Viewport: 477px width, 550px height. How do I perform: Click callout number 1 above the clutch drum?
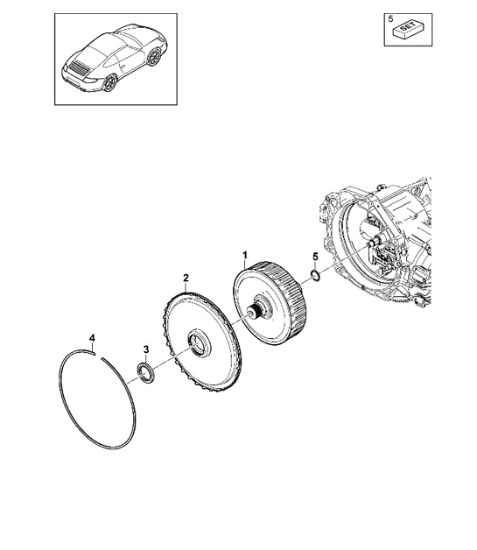click(245, 255)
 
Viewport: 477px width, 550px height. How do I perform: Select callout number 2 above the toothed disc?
click(186, 278)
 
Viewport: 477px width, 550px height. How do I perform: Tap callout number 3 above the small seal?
click(146, 349)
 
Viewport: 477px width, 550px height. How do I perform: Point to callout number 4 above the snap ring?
click(92, 338)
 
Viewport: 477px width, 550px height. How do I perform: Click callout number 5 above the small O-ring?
click(315, 257)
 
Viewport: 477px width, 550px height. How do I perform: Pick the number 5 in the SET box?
click(390, 18)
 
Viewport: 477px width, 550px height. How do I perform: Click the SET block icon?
click(410, 30)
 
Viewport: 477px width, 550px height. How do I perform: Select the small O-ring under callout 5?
click(315, 276)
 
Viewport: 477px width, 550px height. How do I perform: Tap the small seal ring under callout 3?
click(144, 372)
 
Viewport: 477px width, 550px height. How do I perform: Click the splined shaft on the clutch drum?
click(255, 310)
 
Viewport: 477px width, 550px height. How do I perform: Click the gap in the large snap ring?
click(98, 356)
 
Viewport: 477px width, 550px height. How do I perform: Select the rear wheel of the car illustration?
click(109, 83)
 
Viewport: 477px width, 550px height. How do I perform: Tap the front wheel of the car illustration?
click(153, 56)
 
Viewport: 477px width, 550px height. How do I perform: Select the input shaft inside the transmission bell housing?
click(375, 242)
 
